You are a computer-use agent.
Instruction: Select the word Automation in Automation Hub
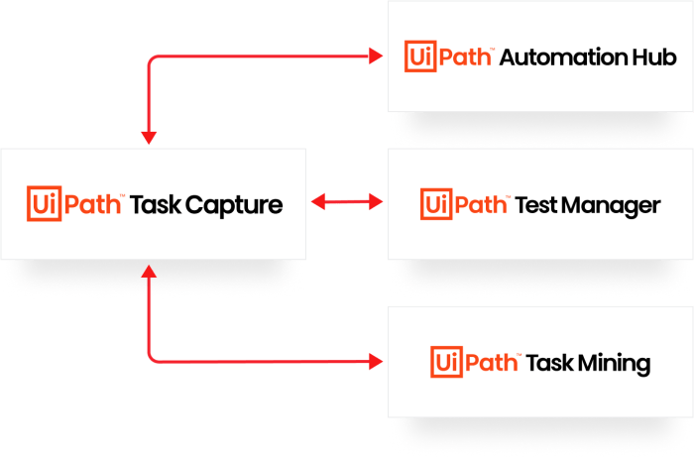[x=562, y=57]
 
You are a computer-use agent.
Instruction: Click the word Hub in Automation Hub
[x=654, y=57]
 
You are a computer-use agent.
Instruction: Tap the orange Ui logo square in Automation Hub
[x=420, y=57]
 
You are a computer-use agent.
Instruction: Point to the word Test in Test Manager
[x=536, y=205]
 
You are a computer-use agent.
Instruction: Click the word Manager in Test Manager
[x=614, y=205]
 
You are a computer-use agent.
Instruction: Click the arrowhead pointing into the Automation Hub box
[x=377, y=57]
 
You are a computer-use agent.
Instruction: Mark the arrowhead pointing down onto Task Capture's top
[x=148, y=138]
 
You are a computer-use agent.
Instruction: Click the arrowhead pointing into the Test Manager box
[x=377, y=202]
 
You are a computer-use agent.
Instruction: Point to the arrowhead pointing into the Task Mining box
[x=377, y=361]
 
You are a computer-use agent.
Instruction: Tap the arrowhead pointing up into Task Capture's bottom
[x=148, y=270]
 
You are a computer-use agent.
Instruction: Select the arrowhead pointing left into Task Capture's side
[x=318, y=202]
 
